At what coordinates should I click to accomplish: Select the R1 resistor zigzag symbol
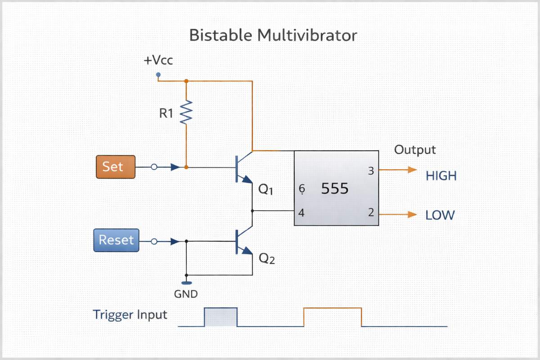(186, 112)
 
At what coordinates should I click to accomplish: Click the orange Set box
(116, 167)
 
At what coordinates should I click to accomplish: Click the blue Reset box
(116, 240)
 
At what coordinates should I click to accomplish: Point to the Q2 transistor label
(266, 259)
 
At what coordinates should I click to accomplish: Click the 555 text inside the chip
(335, 189)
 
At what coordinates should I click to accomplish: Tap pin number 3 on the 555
(371, 171)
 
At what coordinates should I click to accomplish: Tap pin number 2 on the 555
(371, 213)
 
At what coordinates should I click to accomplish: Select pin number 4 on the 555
(301, 213)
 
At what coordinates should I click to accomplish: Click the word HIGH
(441, 176)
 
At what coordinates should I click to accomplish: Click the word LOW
(440, 215)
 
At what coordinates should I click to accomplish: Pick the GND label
(185, 295)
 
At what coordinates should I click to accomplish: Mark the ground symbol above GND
(186, 283)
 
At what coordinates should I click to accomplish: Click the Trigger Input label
(130, 315)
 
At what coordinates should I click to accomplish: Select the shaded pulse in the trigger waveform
(221, 317)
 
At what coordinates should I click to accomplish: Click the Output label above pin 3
(415, 150)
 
